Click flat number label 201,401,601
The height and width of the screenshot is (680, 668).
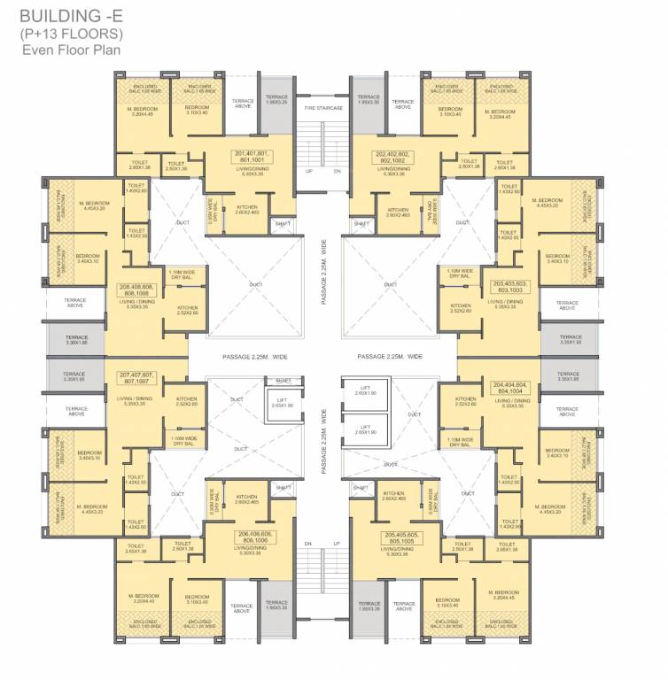[x=252, y=157]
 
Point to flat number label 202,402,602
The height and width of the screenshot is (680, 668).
[x=394, y=157]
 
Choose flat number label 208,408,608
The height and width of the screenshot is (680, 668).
[x=136, y=289]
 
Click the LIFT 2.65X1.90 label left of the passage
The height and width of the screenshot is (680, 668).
[x=283, y=404]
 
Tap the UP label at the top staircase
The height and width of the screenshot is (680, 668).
[x=309, y=171]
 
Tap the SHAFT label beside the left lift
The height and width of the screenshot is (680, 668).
[x=283, y=381]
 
